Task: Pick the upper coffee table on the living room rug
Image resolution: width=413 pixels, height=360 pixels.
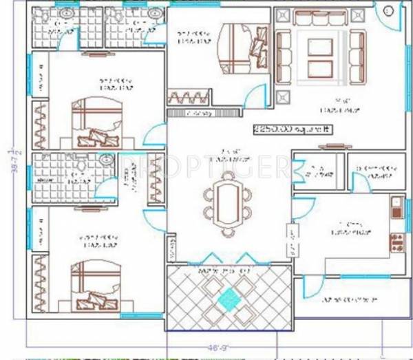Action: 320,47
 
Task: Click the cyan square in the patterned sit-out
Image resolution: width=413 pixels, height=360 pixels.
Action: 227,299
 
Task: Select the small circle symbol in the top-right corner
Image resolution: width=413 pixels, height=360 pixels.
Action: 388,10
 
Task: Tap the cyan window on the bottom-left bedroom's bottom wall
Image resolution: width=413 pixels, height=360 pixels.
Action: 140,315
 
